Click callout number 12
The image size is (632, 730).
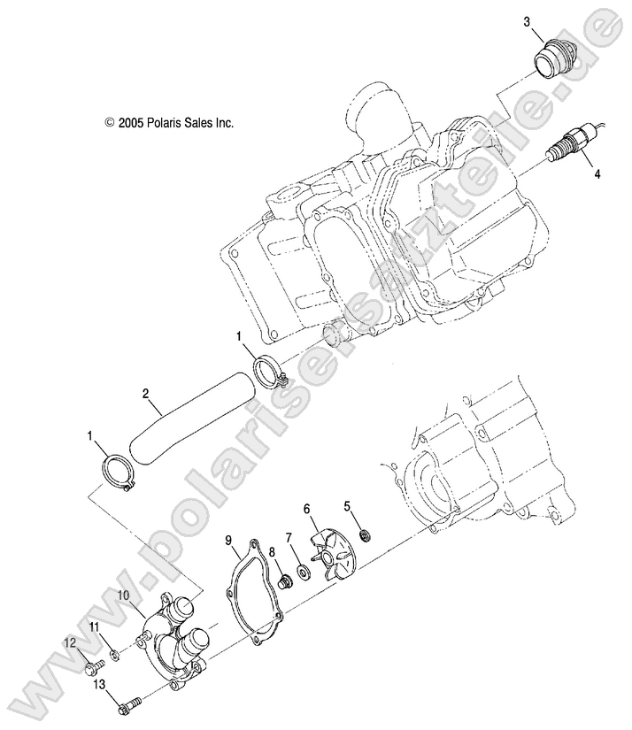(68, 642)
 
